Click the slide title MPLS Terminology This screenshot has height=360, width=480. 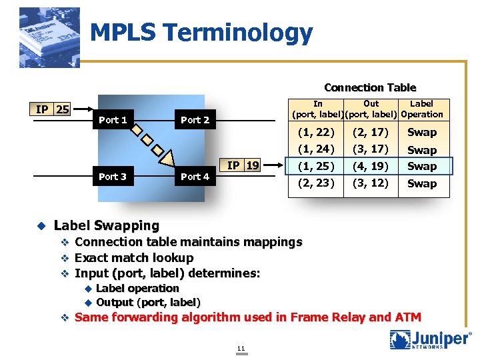click(x=201, y=33)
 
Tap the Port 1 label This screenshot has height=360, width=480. click(x=113, y=120)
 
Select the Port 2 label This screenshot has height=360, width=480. click(x=195, y=120)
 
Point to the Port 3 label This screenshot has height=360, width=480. click(x=113, y=177)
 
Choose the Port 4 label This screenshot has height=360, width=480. click(x=195, y=177)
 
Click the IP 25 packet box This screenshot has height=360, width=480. click(x=53, y=109)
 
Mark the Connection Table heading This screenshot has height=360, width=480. click(x=370, y=88)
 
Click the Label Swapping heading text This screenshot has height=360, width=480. click(x=107, y=226)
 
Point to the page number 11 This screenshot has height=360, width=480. click(x=241, y=348)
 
